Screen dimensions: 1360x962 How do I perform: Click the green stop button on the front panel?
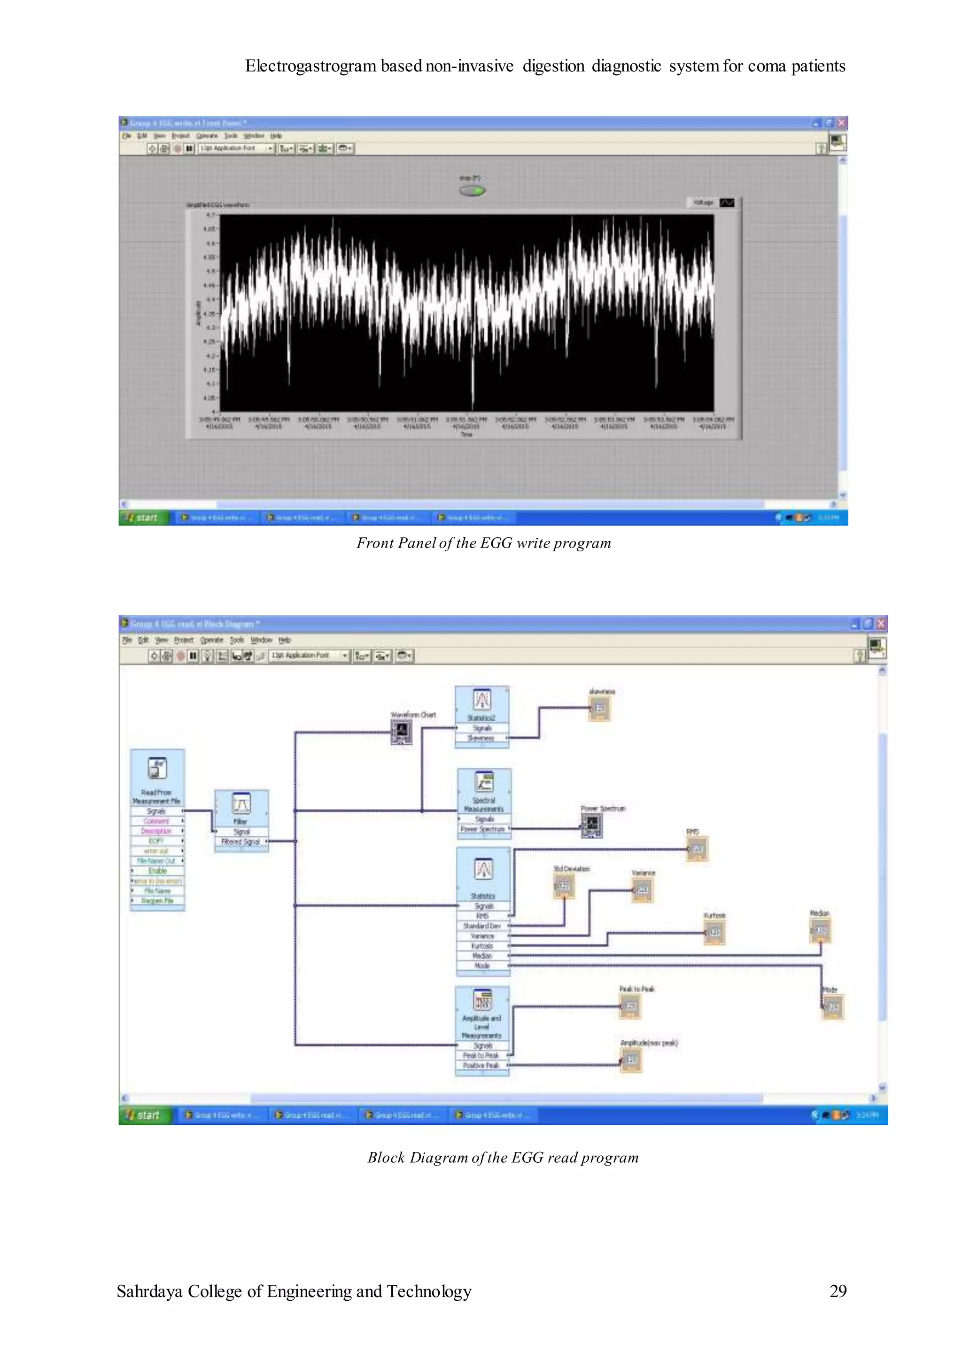pyautogui.click(x=472, y=190)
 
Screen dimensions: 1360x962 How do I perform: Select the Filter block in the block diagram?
pyautogui.click(x=241, y=804)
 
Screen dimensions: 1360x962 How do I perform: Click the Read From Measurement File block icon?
pyautogui.click(x=157, y=768)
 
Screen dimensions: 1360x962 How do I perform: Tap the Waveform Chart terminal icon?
pyautogui.click(x=402, y=732)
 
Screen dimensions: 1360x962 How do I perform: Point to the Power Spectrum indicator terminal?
pyautogui.click(x=591, y=825)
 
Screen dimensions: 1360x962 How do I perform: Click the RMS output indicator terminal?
pyautogui.click(x=697, y=849)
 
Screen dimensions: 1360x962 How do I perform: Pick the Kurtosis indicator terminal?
pyautogui.click(x=714, y=932)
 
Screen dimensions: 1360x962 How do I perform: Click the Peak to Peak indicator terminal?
pyautogui.click(x=630, y=1006)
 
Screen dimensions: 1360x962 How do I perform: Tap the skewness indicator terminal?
pyautogui.click(x=599, y=709)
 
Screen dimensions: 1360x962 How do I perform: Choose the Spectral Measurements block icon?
pyautogui.click(x=484, y=783)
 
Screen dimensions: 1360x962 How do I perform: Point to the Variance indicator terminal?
pyautogui.click(x=642, y=890)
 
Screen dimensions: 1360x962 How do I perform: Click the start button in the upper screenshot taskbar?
pyautogui.click(x=143, y=518)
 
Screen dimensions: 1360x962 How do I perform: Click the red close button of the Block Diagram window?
pyautogui.click(x=881, y=624)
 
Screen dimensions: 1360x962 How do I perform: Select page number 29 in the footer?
pyautogui.click(x=838, y=1290)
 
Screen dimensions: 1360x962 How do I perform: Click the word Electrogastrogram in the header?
pyautogui.click(x=310, y=66)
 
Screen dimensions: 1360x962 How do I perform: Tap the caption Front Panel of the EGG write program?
pyautogui.click(x=483, y=543)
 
